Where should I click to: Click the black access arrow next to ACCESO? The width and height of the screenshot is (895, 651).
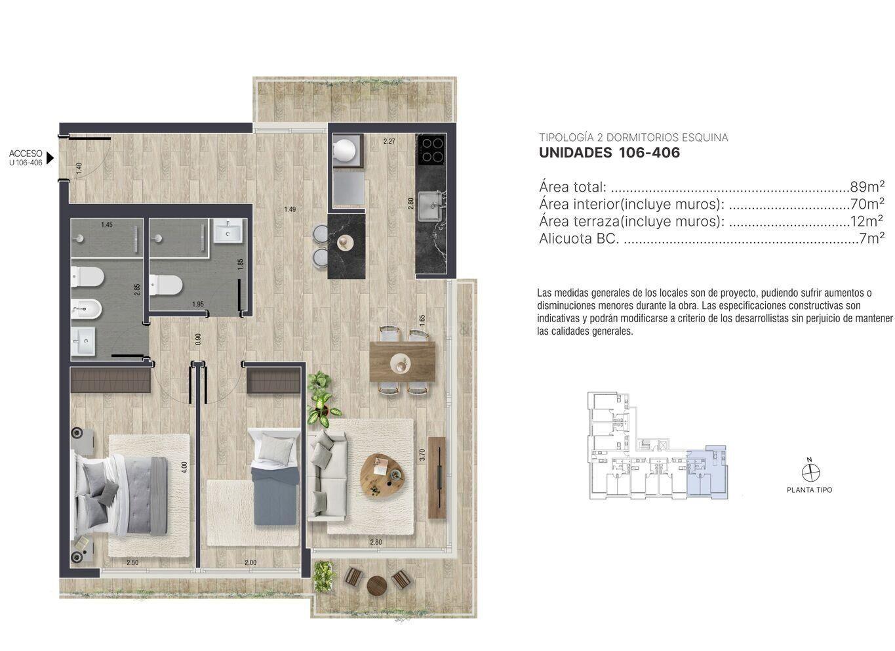coord(50,158)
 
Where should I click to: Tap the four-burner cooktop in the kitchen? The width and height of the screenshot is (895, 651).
coord(432,150)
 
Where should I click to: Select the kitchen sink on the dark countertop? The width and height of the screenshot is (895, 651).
coord(430,205)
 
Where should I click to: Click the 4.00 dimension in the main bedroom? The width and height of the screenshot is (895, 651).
coord(184,467)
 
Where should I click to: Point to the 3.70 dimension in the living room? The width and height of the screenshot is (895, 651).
coord(422,455)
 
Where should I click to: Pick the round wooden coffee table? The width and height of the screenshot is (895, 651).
coord(382,476)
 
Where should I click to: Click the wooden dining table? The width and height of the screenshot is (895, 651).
coord(402,362)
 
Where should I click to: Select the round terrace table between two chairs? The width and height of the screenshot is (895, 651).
coord(376,586)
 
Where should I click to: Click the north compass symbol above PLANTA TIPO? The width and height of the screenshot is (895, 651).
coord(810,472)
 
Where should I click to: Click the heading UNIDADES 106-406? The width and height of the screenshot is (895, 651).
coord(609,152)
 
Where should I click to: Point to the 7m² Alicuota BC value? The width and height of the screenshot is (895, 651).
coord(872,238)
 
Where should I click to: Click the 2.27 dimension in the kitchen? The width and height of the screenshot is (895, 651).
coord(389,141)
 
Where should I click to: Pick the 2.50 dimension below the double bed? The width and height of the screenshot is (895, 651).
coord(132,562)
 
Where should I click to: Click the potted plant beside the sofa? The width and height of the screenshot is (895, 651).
coord(322,394)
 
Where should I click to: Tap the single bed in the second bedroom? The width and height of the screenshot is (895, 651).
coord(274,476)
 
